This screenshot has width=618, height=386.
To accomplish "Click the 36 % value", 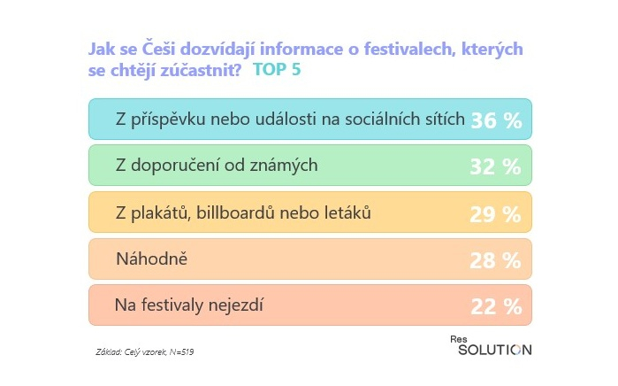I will (x=496, y=120).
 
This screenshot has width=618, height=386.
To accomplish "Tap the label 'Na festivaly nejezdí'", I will (x=190, y=306).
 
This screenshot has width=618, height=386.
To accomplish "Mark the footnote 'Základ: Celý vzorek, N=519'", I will (x=144, y=352).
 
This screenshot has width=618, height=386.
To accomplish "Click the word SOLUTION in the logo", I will (x=495, y=350).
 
